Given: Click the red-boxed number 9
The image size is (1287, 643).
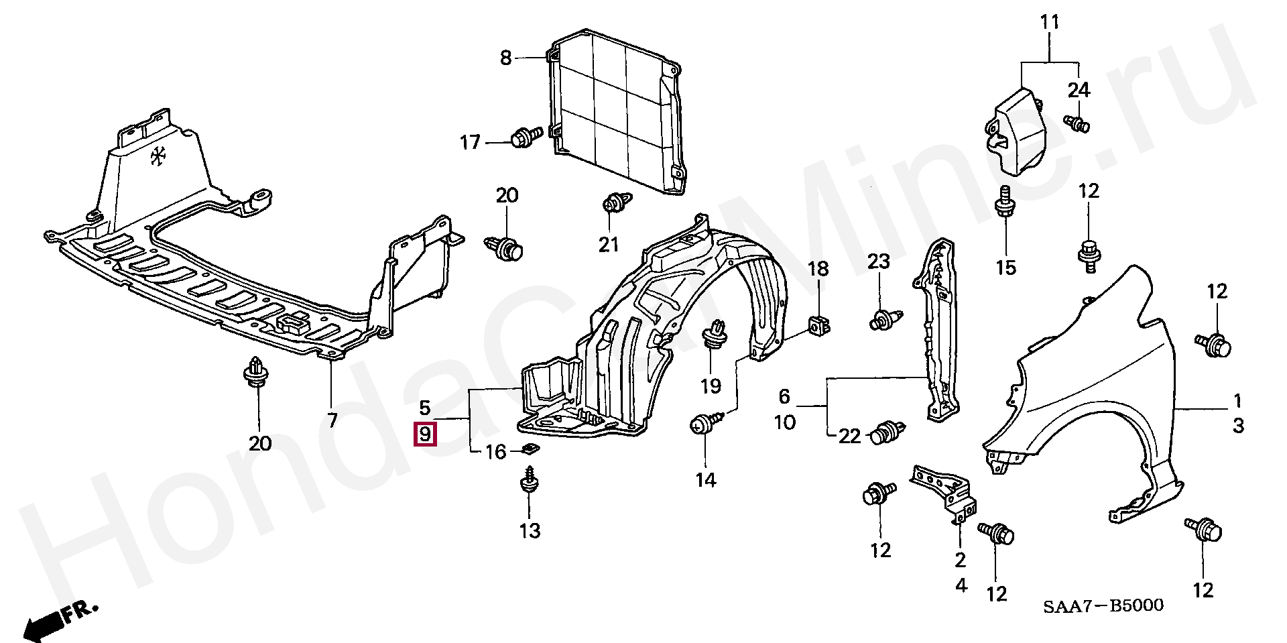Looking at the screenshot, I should pos(425,434).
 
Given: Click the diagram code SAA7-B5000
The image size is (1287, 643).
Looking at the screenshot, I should pos(1103,606).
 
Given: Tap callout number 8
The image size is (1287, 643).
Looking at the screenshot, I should pos(505,58).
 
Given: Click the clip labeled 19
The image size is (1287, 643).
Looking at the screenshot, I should pos(715,335).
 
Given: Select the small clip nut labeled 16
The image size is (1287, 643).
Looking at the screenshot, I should pos(531,450).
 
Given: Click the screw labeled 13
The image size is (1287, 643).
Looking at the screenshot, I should pos(530,483).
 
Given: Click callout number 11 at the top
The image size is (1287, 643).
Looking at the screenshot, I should pos(1050,23).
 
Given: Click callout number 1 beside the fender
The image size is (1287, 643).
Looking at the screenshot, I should pos(1237,402).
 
